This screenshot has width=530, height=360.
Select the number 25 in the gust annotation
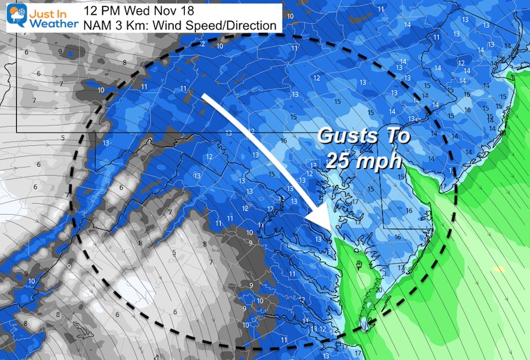pyautogui.click(x=340, y=160)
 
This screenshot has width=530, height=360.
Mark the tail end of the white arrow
pyautogui.click(x=204, y=97)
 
